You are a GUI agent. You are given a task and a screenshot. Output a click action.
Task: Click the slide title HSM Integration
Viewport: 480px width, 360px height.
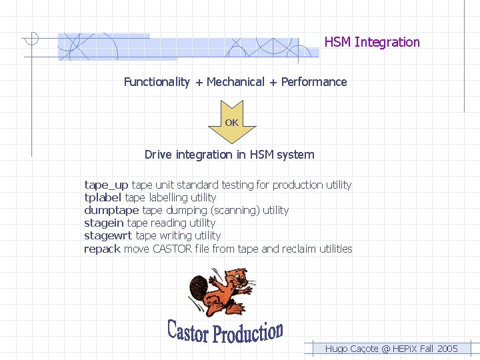372,42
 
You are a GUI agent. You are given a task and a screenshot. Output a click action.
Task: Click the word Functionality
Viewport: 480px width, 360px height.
157,82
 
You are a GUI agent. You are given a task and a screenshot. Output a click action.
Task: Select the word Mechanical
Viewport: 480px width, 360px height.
235,82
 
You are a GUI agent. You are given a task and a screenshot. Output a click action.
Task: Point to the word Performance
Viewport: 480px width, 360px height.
314,82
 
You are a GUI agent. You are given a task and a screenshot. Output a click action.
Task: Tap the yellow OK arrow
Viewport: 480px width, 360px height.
231,122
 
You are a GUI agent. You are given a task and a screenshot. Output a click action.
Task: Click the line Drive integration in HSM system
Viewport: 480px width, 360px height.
229,155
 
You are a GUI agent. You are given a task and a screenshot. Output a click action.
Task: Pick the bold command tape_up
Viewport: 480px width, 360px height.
106,185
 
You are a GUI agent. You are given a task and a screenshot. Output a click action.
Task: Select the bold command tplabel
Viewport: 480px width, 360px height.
103,197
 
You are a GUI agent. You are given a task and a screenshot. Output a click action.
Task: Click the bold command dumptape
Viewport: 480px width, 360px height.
111,210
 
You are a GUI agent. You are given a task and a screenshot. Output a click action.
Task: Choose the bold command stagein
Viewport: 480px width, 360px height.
103,223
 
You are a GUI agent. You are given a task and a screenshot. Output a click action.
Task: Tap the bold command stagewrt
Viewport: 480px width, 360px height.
108,235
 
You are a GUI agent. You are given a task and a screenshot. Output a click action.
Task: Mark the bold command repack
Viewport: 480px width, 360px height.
102,249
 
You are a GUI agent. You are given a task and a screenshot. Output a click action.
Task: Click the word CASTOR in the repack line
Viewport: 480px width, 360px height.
172,249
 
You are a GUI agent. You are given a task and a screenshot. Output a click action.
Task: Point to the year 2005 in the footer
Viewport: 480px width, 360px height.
447,349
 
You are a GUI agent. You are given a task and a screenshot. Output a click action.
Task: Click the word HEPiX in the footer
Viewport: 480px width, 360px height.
405,349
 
